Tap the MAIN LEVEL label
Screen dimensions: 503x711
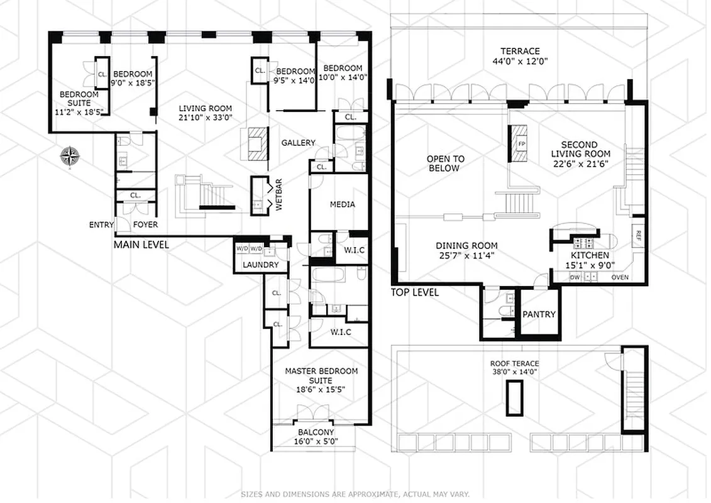pos(141,245)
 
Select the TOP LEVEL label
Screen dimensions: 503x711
pos(414,292)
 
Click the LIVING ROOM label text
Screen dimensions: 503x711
pos(204,108)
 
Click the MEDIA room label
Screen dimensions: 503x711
pos(342,204)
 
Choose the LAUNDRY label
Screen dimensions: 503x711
pos(260,265)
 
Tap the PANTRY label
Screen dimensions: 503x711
pos(539,314)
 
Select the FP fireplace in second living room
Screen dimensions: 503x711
pos(521,143)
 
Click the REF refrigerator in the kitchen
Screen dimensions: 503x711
pos(638,236)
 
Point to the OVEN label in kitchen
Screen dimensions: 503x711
pos(620,277)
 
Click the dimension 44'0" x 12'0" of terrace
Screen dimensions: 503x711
pos(521,62)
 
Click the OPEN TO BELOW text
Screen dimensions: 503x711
pos(446,163)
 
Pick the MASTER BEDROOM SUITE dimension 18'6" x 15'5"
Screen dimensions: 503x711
pos(321,389)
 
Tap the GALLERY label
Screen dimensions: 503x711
pos(298,143)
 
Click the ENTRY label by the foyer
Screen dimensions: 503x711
pos(101,224)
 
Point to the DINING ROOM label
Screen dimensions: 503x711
pos(467,246)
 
